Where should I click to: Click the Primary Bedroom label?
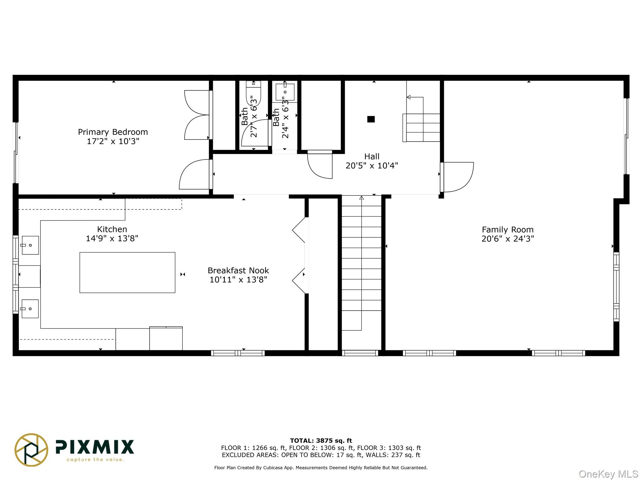pyautogui.click(x=113, y=132)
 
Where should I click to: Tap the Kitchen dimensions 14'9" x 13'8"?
pyautogui.click(x=112, y=239)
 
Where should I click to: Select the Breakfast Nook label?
pyautogui.click(x=238, y=271)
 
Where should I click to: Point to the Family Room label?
pyautogui.click(x=508, y=230)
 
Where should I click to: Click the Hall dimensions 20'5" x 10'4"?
pyautogui.click(x=372, y=166)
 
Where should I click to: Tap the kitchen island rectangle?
pyautogui.click(x=127, y=272)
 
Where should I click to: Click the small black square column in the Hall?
pyautogui.click(x=371, y=119)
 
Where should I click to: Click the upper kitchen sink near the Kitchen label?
pyautogui.click(x=30, y=245)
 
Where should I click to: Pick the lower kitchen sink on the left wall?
pyautogui.click(x=30, y=309)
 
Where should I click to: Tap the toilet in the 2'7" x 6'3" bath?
pyautogui.click(x=253, y=94)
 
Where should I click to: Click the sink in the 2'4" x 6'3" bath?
pyautogui.click(x=285, y=92)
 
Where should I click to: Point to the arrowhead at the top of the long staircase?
pyautogui.click(x=361, y=198)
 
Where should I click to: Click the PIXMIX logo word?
pyautogui.click(x=95, y=447)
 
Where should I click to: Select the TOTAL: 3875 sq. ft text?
pyautogui.click(x=321, y=441)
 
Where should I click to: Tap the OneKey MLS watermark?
pyautogui.click(x=608, y=474)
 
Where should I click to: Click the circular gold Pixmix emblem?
pyautogui.click(x=31, y=450)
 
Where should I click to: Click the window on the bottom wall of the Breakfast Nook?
pyautogui.click(x=238, y=353)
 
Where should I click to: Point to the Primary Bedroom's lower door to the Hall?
pyautogui.click(x=194, y=175)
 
